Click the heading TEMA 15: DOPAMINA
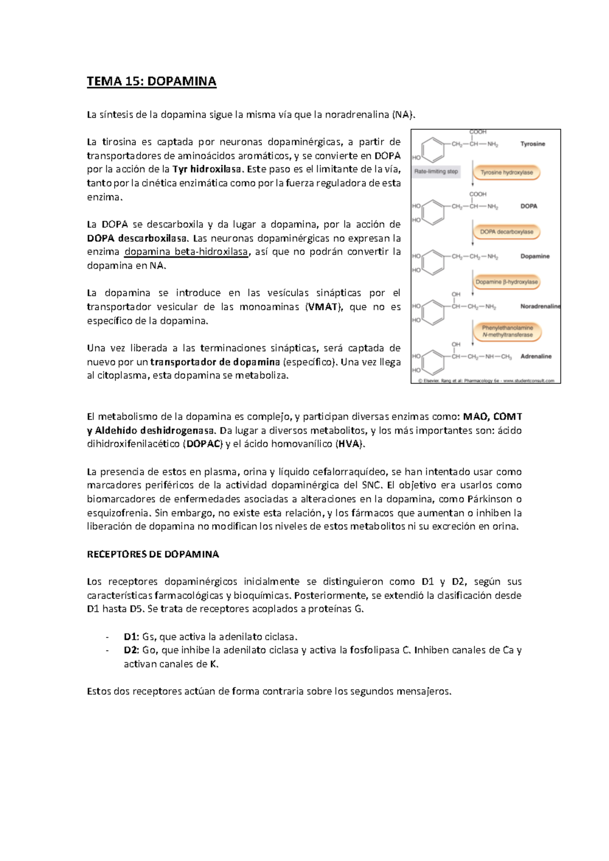pyautogui.click(x=151, y=81)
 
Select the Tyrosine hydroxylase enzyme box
pyautogui.click(x=506, y=172)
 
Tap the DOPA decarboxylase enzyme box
pyautogui.click(x=506, y=232)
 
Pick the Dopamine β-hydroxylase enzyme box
pyautogui.click(x=506, y=282)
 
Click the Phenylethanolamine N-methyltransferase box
pyautogui.click(x=507, y=332)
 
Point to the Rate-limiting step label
pyautogui.click(x=436, y=171)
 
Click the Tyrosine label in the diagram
pyautogui.click(x=532, y=144)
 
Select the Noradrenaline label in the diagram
pyautogui.click(x=540, y=306)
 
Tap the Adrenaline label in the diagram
pyautogui.click(x=535, y=356)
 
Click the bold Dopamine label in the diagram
pyautogui.click(x=535, y=256)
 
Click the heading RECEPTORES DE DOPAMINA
pyautogui.click(x=153, y=554)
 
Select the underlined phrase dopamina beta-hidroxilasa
pyautogui.click(x=186, y=252)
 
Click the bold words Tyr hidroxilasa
pyautogui.click(x=207, y=169)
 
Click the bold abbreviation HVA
pyautogui.click(x=349, y=444)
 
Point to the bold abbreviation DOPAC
pyautogui.click(x=203, y=444)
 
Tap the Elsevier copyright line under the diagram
pyautogui.click(x=486, y=380)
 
